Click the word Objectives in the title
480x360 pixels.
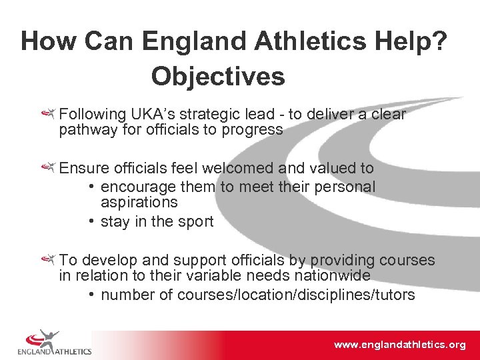tap(218, 77)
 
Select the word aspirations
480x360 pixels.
tap(139, 202)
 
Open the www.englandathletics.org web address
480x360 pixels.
tap(399, 345)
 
